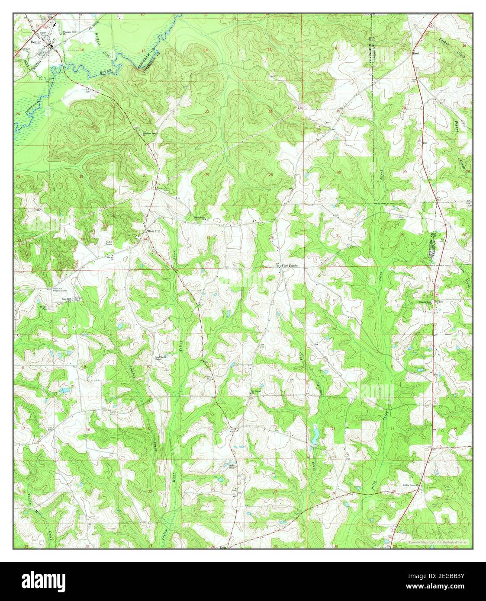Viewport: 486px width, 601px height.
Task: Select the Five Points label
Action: (x=290, y=265)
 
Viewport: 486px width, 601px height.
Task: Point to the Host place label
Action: (x=416, y=54)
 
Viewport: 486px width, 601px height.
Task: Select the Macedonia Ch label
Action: (x=200, y=217)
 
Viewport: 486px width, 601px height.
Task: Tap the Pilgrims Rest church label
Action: (x=150, y=133)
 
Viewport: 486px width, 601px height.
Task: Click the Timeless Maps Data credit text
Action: (x=437, y=542)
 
